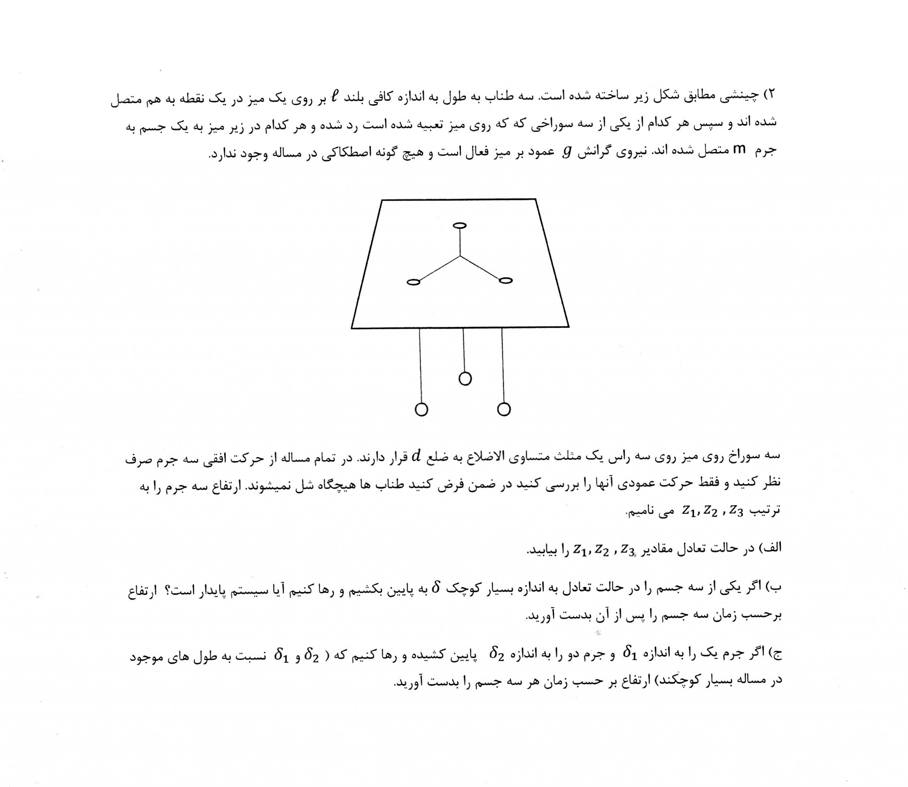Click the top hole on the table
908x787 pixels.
459,225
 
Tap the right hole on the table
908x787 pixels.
506,280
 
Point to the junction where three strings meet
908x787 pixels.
460,256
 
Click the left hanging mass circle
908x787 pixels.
421,409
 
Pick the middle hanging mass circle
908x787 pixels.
465,379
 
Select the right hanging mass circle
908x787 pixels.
504,409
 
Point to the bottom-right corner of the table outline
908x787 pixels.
569,326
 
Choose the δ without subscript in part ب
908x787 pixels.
436,587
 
